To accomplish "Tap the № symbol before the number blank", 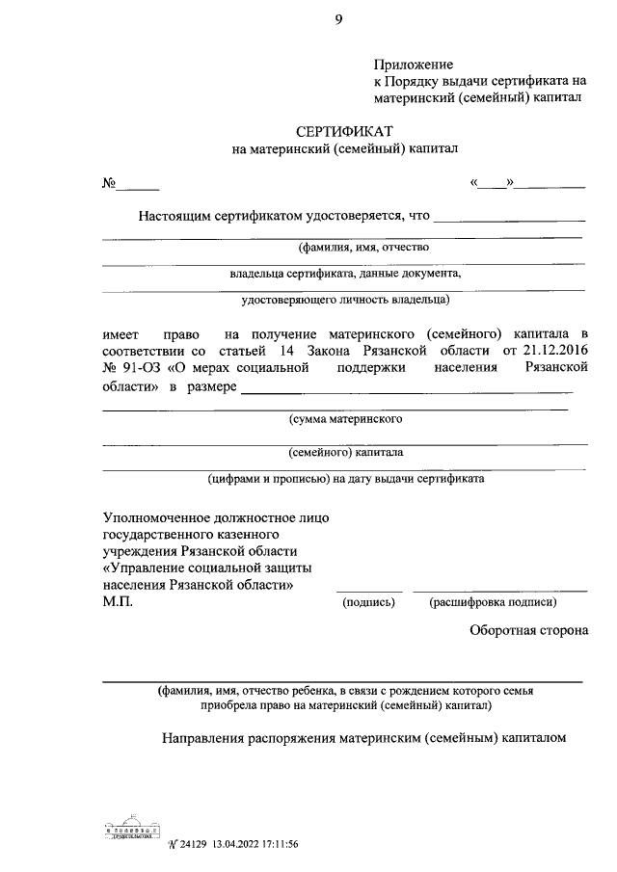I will click(110, 183).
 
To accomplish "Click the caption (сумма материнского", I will click(345, 419).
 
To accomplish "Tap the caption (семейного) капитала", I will click(345, 451).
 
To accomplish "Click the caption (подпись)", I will click(369, 603).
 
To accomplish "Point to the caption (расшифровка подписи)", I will click(494, 603).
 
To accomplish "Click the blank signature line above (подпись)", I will click(369, 590).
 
